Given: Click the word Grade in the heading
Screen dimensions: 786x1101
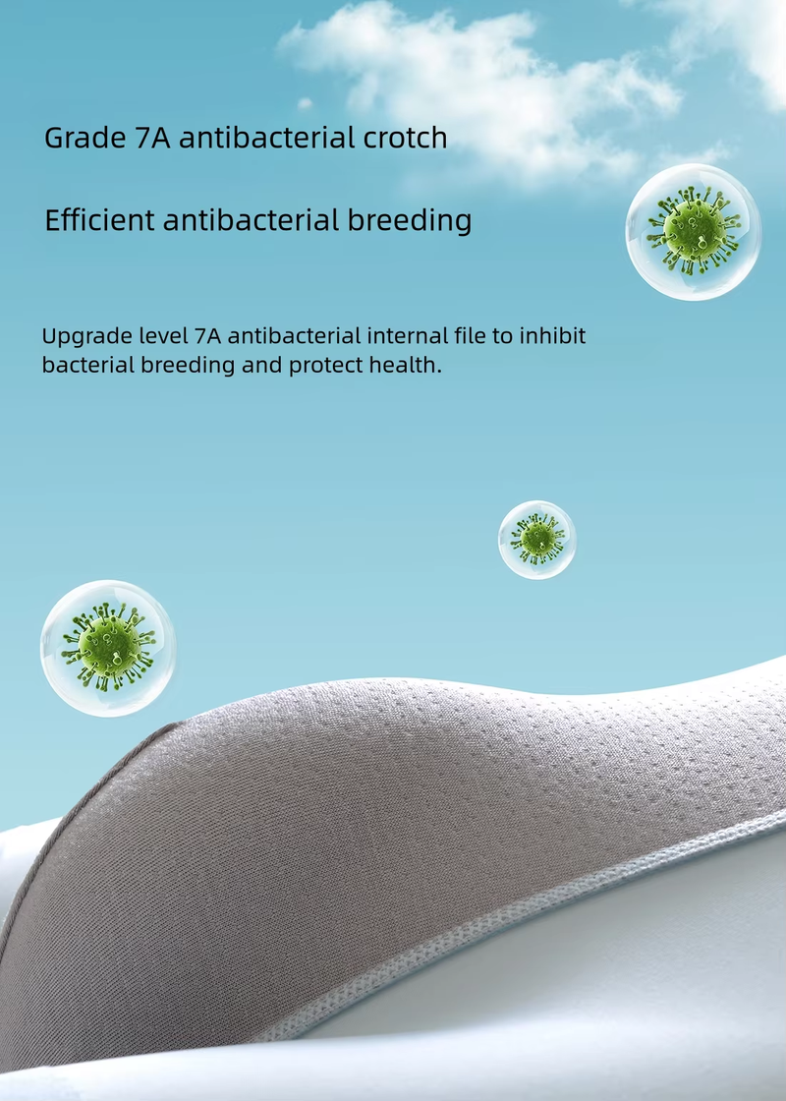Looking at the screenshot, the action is [x=84, y=139].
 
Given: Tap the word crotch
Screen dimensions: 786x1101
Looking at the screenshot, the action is [x=405, y=137].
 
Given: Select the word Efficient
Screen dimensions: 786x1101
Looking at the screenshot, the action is [x=99, y=220].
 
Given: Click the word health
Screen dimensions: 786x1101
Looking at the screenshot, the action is [x=411, y=365].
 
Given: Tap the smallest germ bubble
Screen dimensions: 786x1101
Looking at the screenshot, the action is [x=536, y=540].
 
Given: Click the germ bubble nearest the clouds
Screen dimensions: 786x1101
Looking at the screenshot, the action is [x=694, y=232].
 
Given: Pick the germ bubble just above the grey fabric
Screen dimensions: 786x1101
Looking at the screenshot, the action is [x=108, y=648].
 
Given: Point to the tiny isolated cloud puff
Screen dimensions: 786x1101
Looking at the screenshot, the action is [x=304, y=104].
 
